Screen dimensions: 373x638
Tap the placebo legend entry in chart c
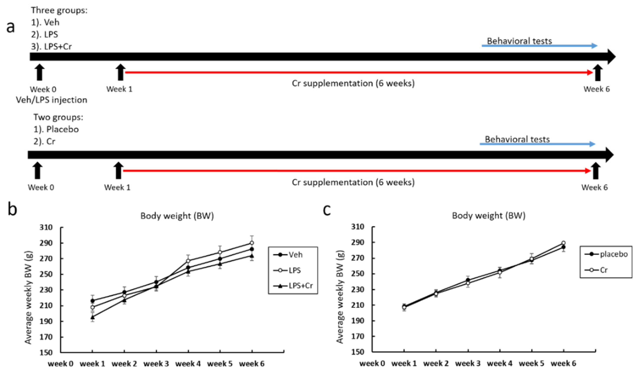[606, 254]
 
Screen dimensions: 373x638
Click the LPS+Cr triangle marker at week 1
[93, 317]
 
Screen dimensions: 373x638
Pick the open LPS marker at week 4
[188, 261]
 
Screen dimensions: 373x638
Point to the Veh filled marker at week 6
[252, 249]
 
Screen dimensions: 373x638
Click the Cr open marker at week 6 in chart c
[564, 243]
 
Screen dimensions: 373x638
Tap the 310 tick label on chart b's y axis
[46, 227]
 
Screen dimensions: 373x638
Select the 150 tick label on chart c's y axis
[357, 352]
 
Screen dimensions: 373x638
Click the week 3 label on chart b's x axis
[156, 364]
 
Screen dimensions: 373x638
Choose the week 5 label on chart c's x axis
[531, 363]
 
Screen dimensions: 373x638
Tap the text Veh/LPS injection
[52, 100]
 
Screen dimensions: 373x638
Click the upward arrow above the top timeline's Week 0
[39, 72]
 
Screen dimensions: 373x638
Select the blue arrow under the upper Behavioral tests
[539, 46]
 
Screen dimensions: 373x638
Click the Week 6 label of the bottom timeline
[594, 187]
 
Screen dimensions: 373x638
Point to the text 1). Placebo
[56, 129]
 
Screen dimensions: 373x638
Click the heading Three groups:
[59, 10]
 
